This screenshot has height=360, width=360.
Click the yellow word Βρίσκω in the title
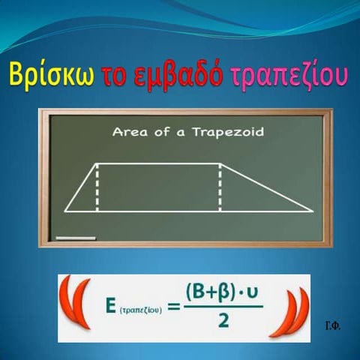click(x=49, y=76)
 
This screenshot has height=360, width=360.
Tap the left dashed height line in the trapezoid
click(x=97, y=187)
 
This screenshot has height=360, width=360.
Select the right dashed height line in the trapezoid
click(x=220, y=187)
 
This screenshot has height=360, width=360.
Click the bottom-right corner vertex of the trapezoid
click(x=310, y=211)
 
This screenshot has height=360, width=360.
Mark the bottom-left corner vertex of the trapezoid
click(x=65, y=211)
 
